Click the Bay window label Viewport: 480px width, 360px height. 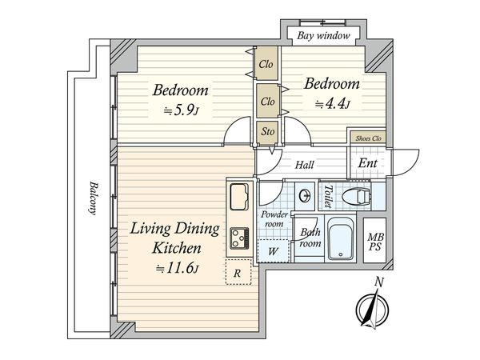pyautogui.click(x=323, y=36)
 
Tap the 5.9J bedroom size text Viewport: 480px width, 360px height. pyautogui.click(x=182, y=111)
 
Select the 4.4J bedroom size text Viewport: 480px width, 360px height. pyautogui.click(x=333, y=104)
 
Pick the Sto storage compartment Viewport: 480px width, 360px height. pyautogui.click(x=267, y=132)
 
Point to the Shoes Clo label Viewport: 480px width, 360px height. pyautogui.click(x=368, y=138)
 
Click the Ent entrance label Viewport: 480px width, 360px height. pyautogui.click(x=367, y=163)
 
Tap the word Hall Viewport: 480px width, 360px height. pyautogui.click(x=305, y=166)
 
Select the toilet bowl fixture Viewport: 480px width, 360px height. pyautogui.click(x=356, y=196)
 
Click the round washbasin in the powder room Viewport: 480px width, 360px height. pyautogui.click(x=305, y=196)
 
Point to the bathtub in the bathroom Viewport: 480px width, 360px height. pyautogui.click(x=341, y=238)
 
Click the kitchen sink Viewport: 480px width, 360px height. pyautogui.click(x=239, y=197)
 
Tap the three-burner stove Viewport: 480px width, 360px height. pyautogui.click(x=239, y=238)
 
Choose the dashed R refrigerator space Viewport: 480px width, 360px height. pyautogui.click(x=238, y=272)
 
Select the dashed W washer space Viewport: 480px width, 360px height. pyautogui.click(x=273, y=251)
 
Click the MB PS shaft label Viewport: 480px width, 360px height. pyautogui.click(x=375, y=242)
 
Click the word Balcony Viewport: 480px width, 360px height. pyautogui.click(x=93, y=198)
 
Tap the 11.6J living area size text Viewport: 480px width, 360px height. pyautogui.click(x=178, y=269)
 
